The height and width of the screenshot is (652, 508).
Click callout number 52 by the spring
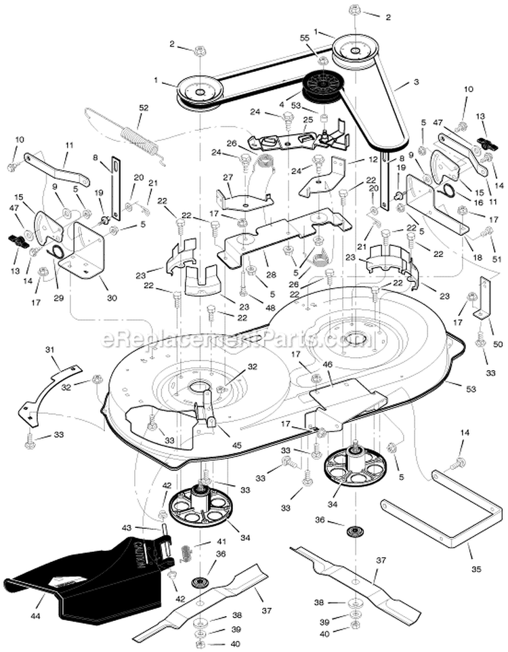tap(143, 107)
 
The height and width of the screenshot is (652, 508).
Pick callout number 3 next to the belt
tap(416, 82)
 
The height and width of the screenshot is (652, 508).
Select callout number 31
tap(49, 349)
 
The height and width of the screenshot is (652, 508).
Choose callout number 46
tap(327, 364)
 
